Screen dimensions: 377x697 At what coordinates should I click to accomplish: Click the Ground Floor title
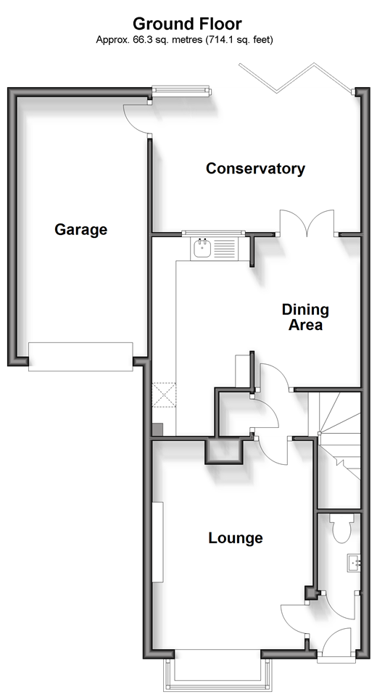(187, 23)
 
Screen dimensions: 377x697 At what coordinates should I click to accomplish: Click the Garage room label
(81, 229)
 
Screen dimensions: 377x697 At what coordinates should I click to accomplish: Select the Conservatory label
(255, 168)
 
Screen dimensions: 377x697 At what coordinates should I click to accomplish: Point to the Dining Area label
(305, 317)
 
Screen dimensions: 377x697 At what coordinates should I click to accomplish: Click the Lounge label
(236, 538)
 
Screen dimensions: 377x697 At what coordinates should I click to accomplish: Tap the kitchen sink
(215, 249)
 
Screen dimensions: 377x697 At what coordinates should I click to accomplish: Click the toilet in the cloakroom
(342, 528)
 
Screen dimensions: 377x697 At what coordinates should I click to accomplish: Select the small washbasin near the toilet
(354, 564)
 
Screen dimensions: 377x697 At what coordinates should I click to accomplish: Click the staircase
(339, 436)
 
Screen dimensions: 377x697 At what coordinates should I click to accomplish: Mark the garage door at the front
(80, 357)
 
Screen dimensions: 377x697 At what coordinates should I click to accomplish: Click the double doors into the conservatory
(307, 222)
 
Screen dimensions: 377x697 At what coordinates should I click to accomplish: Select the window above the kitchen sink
(213, 233)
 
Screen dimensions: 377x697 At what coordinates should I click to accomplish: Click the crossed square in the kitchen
(164, 395)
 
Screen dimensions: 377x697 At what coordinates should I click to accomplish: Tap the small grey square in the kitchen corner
(157, 429)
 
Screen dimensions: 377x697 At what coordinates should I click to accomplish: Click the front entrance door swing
(336, 643)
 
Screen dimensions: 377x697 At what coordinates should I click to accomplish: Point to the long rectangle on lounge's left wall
(158, 542)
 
